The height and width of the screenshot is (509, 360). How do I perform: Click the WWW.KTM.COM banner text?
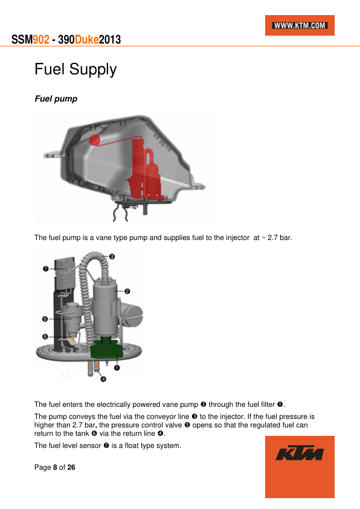[300, 25]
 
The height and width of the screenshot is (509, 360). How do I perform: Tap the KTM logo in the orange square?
[300, 453]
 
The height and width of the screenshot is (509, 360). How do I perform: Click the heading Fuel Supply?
[76, 70]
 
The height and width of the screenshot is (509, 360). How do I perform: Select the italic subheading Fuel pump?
[56, 99]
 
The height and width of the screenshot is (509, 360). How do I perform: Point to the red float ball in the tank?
[95, 140]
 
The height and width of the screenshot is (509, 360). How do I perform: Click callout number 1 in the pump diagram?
[117, 368]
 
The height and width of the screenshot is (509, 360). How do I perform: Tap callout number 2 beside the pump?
[127, 291]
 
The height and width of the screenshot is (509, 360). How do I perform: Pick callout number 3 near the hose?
[112, 257]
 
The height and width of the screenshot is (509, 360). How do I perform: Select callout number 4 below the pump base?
[103, 379]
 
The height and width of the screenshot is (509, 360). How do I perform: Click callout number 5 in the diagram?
[45, 319]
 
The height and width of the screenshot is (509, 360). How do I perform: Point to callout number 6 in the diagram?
[45, 337]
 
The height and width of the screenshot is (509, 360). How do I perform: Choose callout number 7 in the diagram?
[46, 268]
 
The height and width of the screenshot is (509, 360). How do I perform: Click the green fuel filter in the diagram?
[106, 349]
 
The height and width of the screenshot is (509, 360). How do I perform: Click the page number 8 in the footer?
[55, 467]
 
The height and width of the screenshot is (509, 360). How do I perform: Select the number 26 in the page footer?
[71, 467]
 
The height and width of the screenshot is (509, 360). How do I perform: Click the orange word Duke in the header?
[86, 40]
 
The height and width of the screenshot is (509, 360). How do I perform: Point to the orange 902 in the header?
[41, 40]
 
